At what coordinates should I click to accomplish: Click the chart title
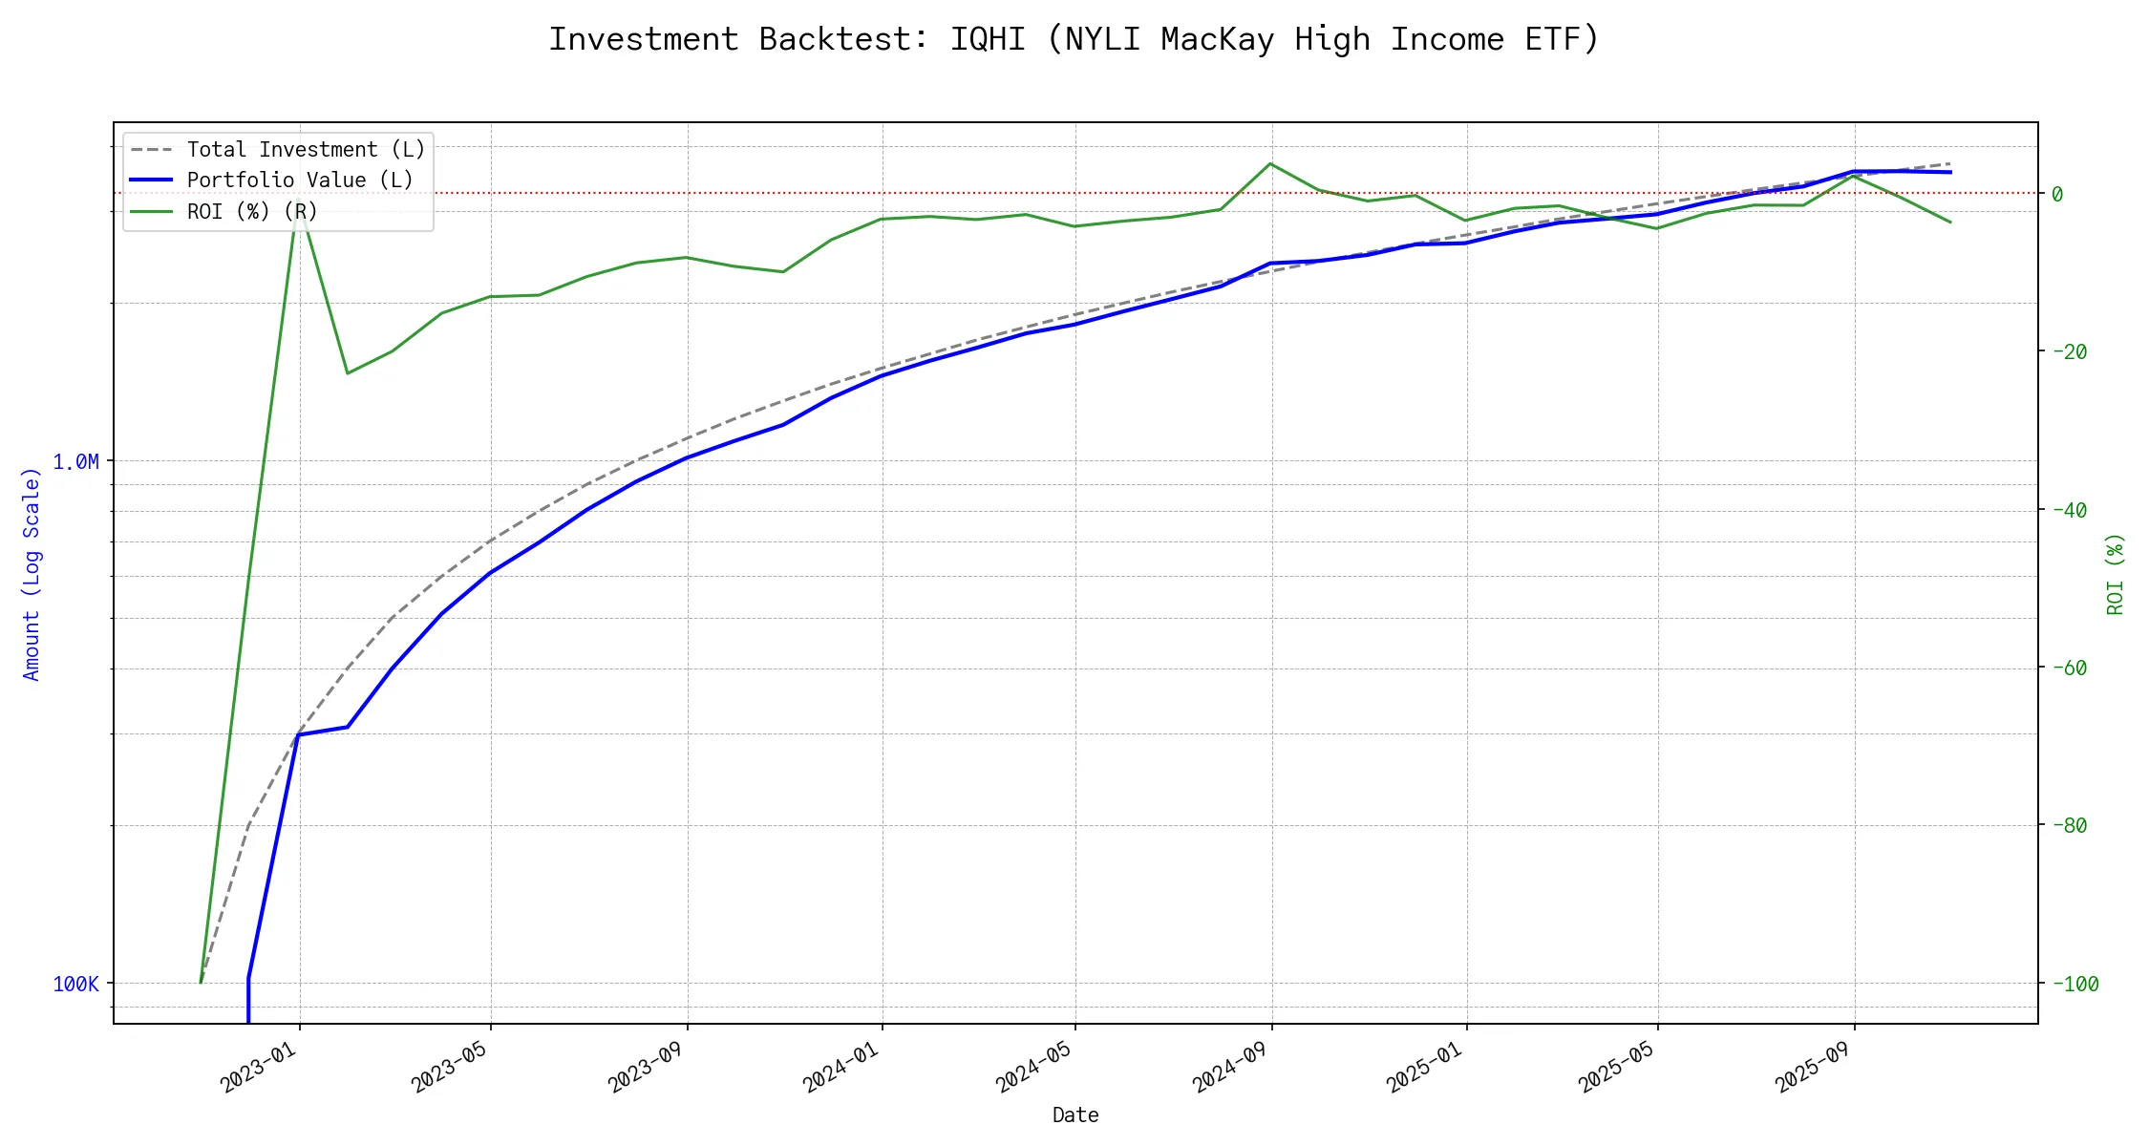(x=1074, y=39)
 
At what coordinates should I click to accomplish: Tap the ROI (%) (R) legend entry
(x=252, y=211)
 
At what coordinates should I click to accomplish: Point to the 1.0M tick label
(x=75, y=462)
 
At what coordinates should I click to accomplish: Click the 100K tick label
(x=75, y=984)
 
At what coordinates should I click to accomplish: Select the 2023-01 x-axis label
(x=259, y=1067)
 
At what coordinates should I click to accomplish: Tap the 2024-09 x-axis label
(x=1230, y=1067)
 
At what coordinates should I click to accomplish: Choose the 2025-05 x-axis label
(x=1616, y=1067)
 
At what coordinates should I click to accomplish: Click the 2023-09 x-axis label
(x=646, y=1067)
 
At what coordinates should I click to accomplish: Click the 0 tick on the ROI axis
(x=2057, y=194)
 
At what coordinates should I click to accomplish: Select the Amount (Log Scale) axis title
(x=32, y=574)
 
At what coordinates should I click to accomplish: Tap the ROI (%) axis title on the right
(x=2116, y=574)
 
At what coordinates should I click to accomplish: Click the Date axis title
(x=1075, y=1115)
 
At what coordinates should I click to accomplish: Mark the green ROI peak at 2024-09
(x=1269, y=163)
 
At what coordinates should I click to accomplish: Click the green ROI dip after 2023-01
(x=347, y=372)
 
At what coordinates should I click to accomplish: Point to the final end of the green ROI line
(x=1950, y=223)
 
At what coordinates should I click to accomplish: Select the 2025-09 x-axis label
(x=1813, y=1067)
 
